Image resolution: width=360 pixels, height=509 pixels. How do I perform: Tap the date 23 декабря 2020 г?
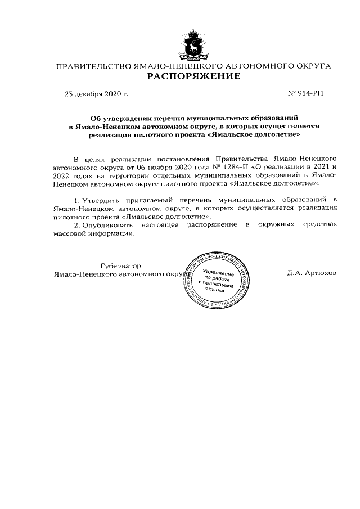[97, 93]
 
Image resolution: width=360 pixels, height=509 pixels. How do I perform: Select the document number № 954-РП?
[305, 93]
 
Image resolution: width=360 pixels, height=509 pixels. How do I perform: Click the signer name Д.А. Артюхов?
[312, 273]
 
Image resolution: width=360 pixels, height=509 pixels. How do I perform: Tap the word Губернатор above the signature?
[120, 265]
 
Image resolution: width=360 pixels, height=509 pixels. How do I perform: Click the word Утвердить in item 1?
[101, 201]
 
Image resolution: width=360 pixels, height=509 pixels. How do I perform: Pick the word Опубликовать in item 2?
[103, 225]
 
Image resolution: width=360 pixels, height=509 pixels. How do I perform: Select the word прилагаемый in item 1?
[149, 201]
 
